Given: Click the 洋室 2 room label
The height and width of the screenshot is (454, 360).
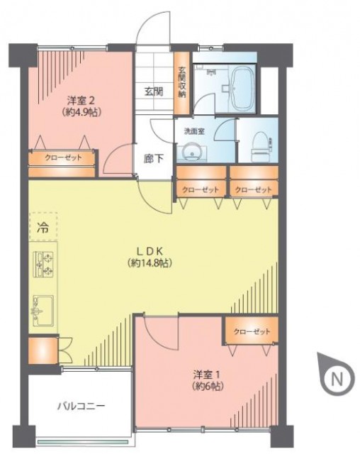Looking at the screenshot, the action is pos(81,101).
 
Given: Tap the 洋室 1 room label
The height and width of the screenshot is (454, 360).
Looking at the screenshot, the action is pos(208,375).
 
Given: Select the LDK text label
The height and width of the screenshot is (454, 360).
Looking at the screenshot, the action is pos(150,250).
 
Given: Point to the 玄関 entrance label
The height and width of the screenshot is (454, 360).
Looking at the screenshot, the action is pos(154,92).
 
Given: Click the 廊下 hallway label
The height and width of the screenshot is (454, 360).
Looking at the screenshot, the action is pos(154,158).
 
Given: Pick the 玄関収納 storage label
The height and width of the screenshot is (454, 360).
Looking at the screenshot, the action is pos(181,82).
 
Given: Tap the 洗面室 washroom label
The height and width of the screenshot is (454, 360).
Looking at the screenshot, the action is pos(195,131).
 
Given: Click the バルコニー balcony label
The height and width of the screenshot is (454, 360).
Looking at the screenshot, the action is pos(81,406).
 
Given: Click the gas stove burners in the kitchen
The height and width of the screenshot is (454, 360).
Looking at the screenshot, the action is pos(43,265).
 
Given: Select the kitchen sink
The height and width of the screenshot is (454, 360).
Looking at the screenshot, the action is pos(43,311).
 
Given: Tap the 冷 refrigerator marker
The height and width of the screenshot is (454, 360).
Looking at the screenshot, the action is pos(43,228).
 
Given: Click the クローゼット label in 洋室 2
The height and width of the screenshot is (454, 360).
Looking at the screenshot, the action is pos(63,157).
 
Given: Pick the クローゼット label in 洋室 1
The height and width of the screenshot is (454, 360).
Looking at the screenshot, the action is pos(252,331).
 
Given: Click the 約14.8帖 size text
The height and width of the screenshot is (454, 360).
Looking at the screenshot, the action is pos(150,263).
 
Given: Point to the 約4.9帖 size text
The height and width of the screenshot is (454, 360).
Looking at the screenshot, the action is pos(81,112).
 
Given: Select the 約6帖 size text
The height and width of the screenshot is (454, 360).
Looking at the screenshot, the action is pos(208,386).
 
